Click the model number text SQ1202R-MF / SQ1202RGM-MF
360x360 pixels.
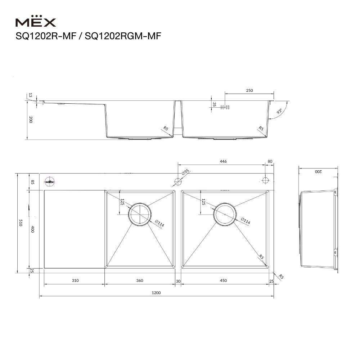pyautogui.click(x=88, y=36)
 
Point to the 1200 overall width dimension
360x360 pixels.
pyautogui.click(x=156, y=293)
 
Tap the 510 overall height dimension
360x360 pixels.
pyautogui.click(x=21, y=223)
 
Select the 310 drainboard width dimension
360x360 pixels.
pyautogui.click(x=75, y=280)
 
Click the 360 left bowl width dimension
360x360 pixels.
pyautogui.click(x=140, y=280)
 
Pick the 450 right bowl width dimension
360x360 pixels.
pyautogui.click(x=223, y=280)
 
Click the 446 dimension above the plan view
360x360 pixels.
pyautogui.click(x=223, y=162)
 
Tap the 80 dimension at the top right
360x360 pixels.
pyautogui.click(x=270, y=162)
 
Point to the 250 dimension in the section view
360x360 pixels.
pyautogui.click(x=249, y=91)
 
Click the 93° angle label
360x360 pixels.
pyautogui.click(x=279, y=112)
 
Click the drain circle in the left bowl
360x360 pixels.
pyautogui.click(x=139, y=215)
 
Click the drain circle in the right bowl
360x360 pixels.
pyautogui.click(x=225, y=215)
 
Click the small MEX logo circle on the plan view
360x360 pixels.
pyautogui.click(x=50, y=181)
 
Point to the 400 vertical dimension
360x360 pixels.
pyautogui.click(x=32, y=229)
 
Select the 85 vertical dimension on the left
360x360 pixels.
pyautogui.click(x=32, y=182)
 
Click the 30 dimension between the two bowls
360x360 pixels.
pyautogui.click(x=178, y=280)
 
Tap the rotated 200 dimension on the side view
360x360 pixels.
pyautogui.click(x=318, y=172)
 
